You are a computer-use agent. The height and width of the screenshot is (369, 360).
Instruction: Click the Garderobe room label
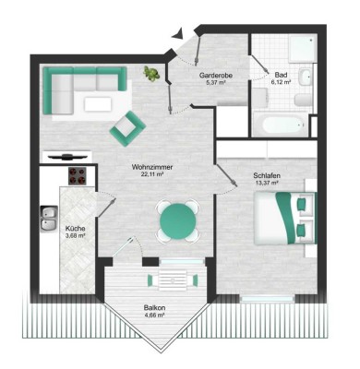(221, 75)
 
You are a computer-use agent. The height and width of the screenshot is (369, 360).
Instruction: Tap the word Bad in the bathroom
(277, 75)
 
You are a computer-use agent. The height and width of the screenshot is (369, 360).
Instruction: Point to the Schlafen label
(269, 175)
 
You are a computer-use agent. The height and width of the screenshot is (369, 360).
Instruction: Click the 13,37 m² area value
(269, 183)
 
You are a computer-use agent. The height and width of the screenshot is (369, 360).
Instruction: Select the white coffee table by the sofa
(98, 104)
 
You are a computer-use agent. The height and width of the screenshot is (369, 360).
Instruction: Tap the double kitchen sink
(48, 218)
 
